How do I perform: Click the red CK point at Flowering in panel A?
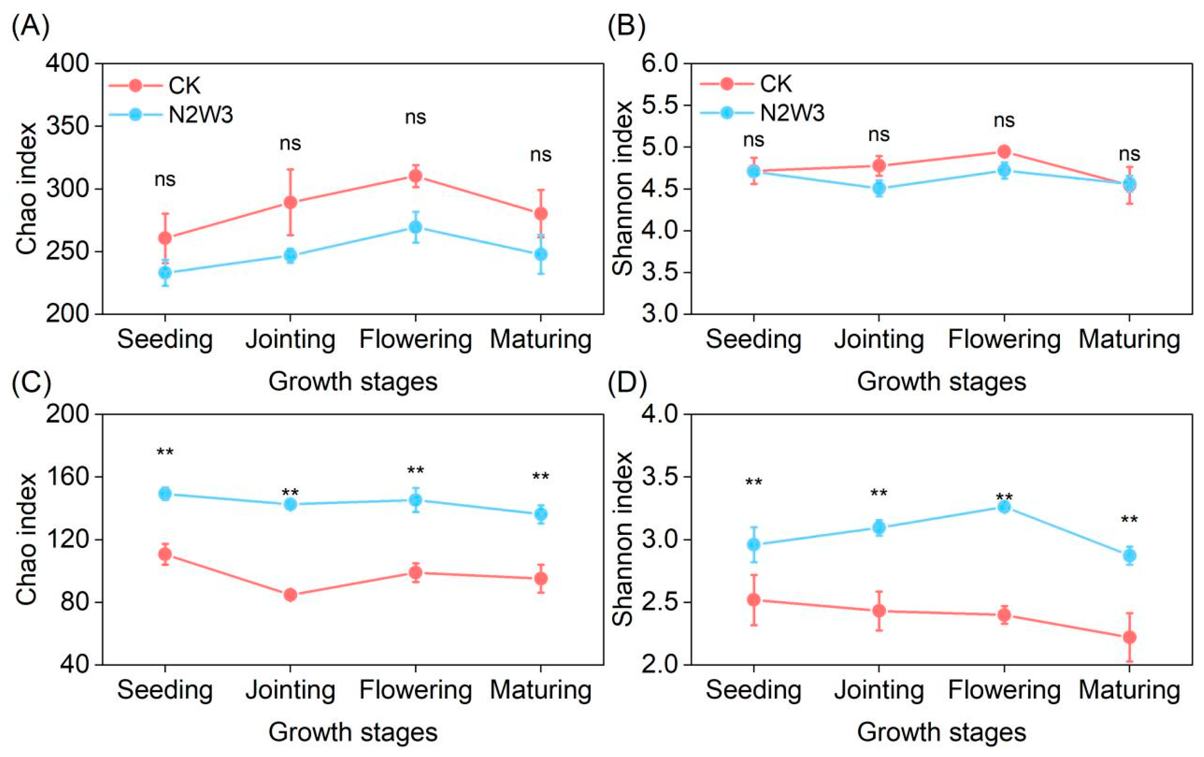click(x=416, y=176)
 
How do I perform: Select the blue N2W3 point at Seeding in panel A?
click(x=165, y=273)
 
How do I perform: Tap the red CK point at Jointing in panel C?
click(x=290, y=595)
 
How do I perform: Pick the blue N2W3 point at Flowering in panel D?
click(x=1004, y=507)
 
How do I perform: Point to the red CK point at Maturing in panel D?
click(x=1129, y=638)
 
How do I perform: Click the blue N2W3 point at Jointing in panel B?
click(x=879, y=188)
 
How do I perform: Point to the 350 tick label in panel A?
click(x=68, y=126)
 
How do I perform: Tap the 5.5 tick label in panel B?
click(x=659, y=105)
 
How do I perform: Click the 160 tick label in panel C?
click(x=68, y=477)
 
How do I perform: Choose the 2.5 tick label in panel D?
click(x=659, y=602)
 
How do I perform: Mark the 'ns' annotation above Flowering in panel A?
click(x=416, y=117)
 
